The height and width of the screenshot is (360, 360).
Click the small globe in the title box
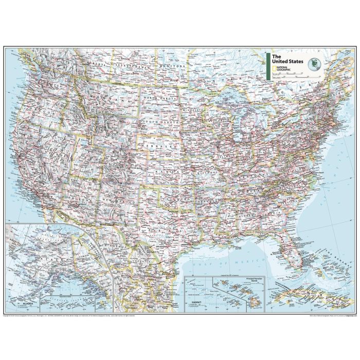coord(313,65)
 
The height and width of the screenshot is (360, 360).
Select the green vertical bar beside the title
coord(268,66)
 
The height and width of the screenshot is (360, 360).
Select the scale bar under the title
coord(293,75)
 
